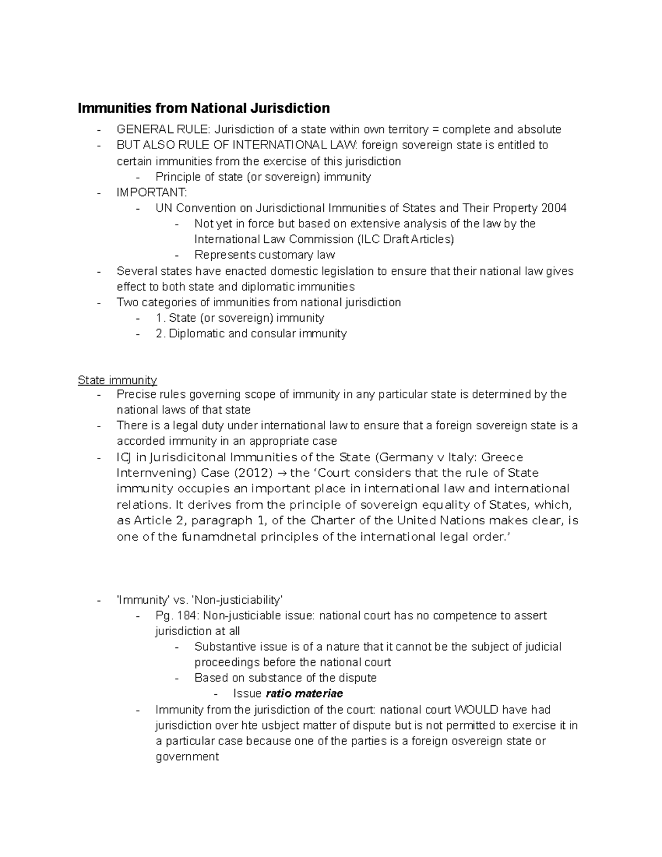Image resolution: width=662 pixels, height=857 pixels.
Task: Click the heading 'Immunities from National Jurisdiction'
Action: click(204, 108)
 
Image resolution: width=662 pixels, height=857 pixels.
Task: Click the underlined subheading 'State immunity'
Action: click(117, 380)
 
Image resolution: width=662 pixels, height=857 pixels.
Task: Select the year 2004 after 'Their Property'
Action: click(553, 208)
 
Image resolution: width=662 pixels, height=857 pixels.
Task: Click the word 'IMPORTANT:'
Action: click(152, 193)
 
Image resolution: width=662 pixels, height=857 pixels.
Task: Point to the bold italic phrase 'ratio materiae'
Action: click(304, 694)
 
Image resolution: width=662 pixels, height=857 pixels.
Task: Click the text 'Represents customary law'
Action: click(265, 255)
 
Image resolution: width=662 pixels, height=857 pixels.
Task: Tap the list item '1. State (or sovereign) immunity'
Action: click(240, 318)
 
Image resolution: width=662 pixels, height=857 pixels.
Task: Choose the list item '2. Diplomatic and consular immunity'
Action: click(251, 334)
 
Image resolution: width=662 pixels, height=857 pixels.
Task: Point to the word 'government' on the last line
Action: click(187, 757)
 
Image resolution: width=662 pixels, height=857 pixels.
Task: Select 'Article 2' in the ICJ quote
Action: click(156, 521)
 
